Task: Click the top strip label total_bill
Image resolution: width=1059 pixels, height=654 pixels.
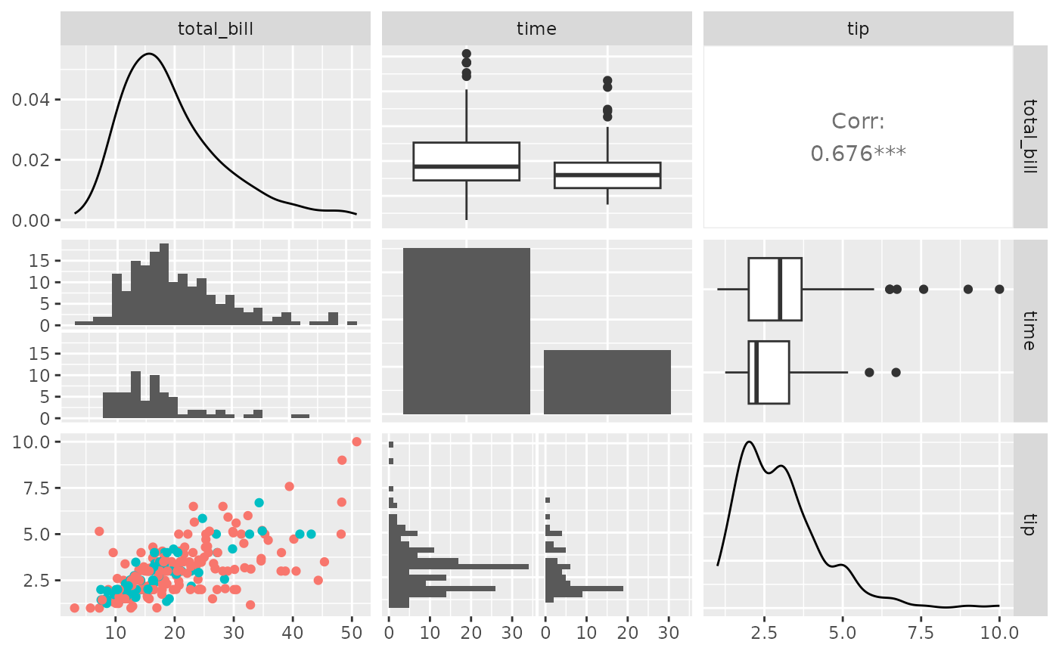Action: click(216, 29)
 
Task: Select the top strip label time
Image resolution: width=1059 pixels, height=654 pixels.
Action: click(536, 29)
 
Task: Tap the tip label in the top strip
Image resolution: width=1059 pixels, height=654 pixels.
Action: click(858, 29)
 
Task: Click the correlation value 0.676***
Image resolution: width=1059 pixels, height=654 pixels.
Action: click(858, 153)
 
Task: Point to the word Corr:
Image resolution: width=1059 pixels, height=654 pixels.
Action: click(858, 121)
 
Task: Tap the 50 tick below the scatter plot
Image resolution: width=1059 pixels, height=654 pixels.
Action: click(352, 629)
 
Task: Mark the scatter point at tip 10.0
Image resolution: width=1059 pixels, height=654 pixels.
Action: click(356, 442)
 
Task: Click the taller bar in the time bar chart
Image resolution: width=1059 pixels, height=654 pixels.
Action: click(466, 331)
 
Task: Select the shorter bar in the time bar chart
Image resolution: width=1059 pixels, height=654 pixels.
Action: click(607, 382)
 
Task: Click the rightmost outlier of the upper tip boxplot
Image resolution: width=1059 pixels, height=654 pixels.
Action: click(999, 289)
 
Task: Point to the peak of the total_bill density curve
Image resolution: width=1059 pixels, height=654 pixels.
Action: click(149, 54)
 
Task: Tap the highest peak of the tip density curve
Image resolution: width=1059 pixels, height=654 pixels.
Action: click(748, 442)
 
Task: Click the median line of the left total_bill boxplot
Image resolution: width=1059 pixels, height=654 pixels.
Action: click(466, 166)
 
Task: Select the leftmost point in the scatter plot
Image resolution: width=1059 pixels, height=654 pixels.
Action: click(74, 608)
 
